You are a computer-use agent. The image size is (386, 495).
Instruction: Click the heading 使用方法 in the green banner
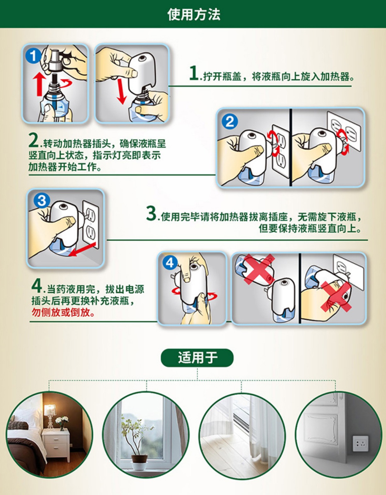point(194,14)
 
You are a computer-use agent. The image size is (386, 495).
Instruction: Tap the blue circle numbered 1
point(34,56)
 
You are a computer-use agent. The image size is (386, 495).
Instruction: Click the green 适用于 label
point(197,358)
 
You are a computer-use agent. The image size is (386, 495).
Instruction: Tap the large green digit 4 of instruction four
point(36,286)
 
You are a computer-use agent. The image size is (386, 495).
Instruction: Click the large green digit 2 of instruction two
point(34,140)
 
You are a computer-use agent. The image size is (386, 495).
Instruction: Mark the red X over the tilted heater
point(259,269)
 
